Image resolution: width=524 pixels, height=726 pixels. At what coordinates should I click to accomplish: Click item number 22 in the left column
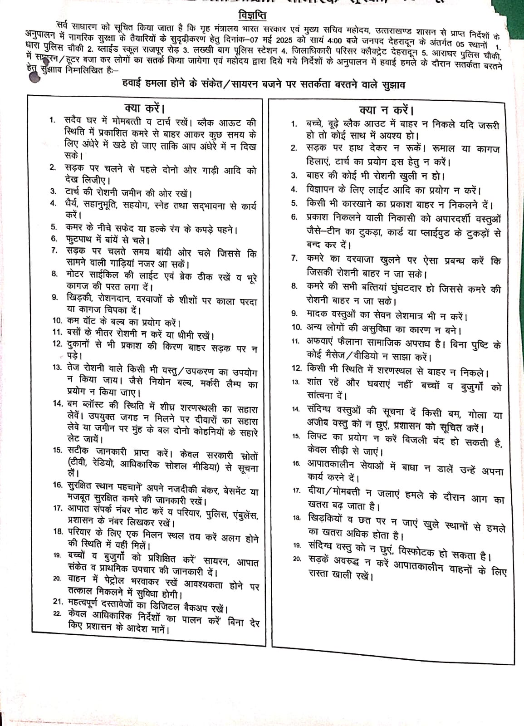[57, 613]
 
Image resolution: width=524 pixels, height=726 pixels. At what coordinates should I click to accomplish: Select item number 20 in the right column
[297, 559]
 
